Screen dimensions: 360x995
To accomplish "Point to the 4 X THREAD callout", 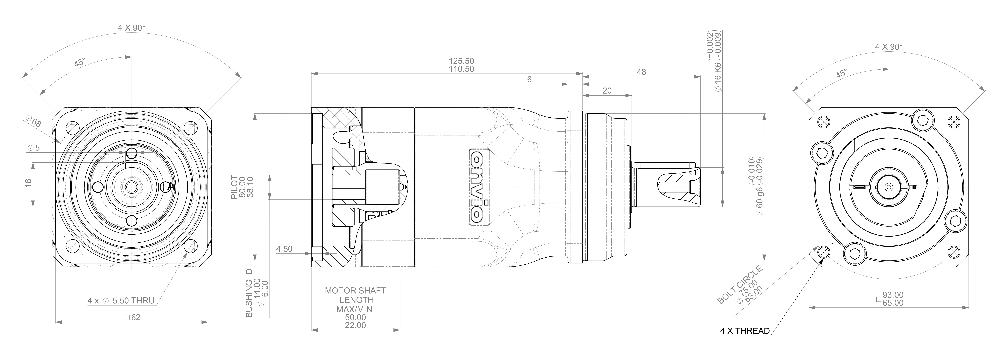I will [745, 331].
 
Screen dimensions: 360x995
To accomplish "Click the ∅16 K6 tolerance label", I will [718, 77].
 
